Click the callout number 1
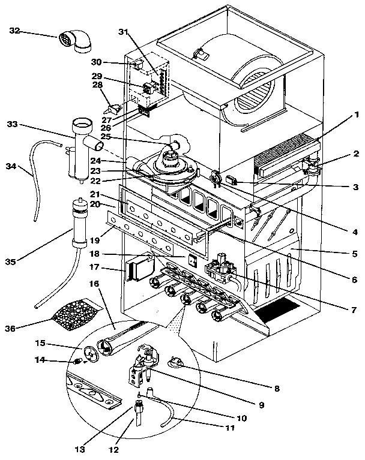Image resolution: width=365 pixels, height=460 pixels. [357, 114]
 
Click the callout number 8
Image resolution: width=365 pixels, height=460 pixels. [277, 389]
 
